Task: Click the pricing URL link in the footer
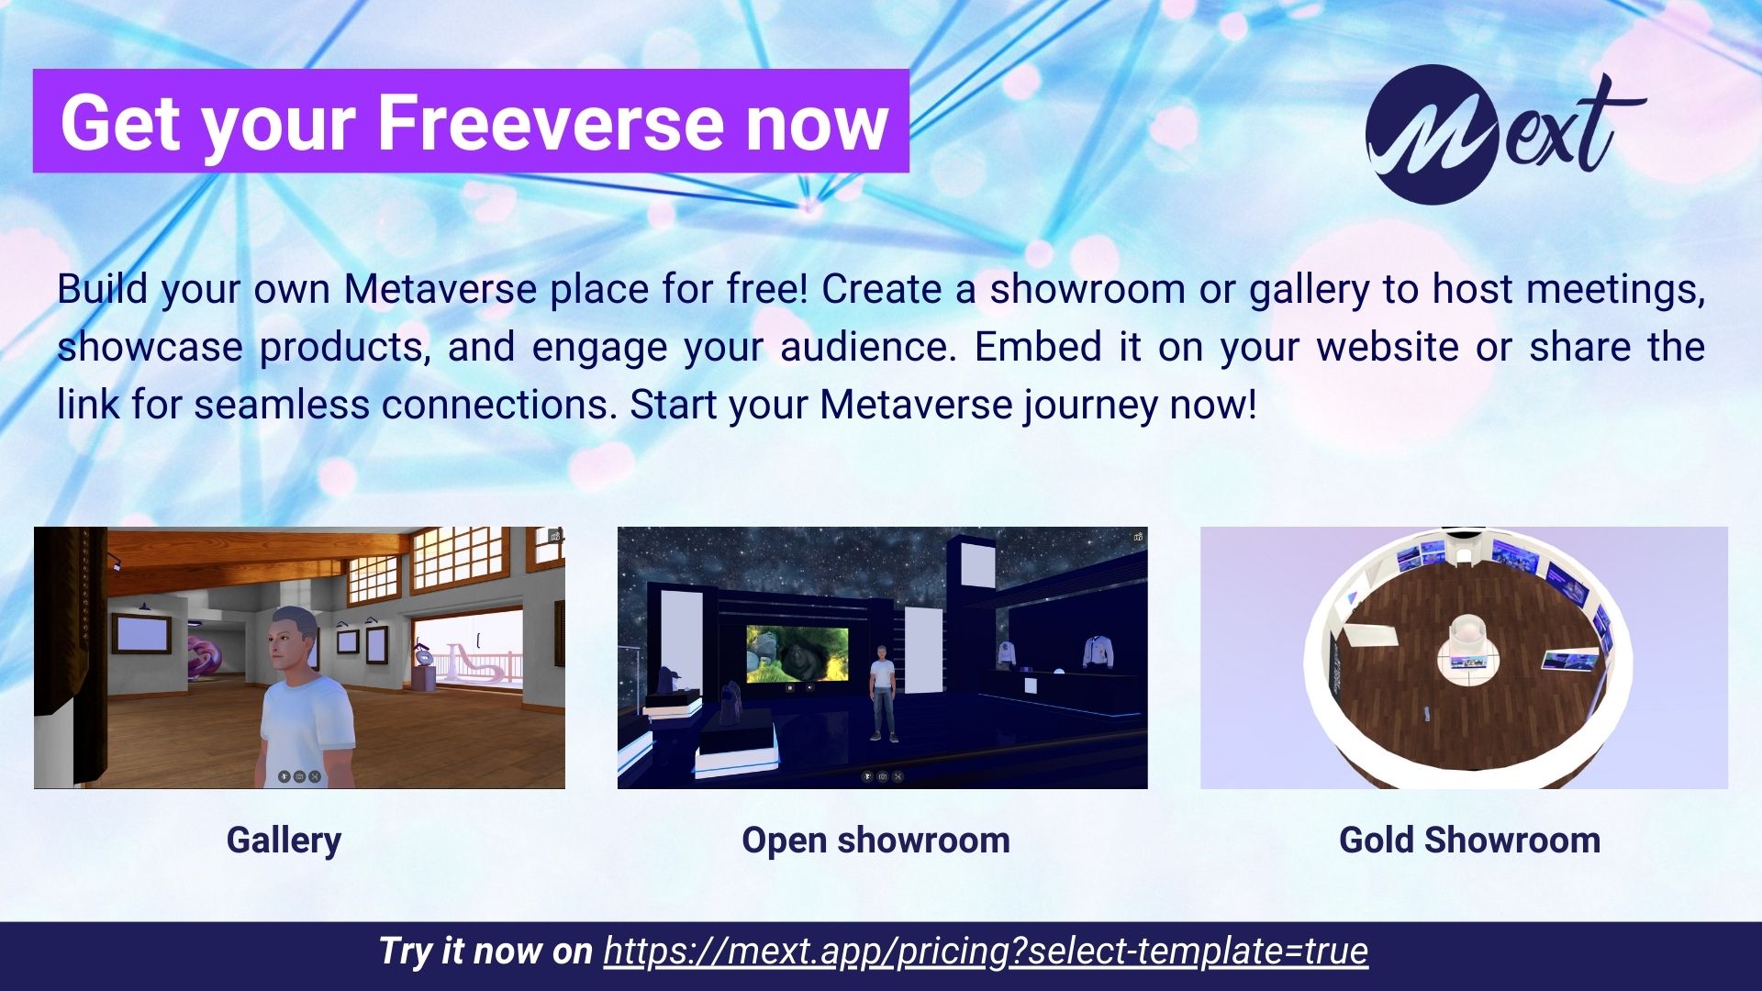pyautogui.click(x=986, y=952)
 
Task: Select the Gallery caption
pyautogui.click(x=284, y=841)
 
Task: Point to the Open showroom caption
pyautogui.click(x=875, y=841)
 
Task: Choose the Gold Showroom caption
pyautogui.click(x=1469, y=841)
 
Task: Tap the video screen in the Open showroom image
pyautogui.click(x=797, y=653)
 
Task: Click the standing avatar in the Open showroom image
pyautogui.click(x=883, y=693)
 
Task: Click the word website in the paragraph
pyautogui.click(x=1388, y=347)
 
